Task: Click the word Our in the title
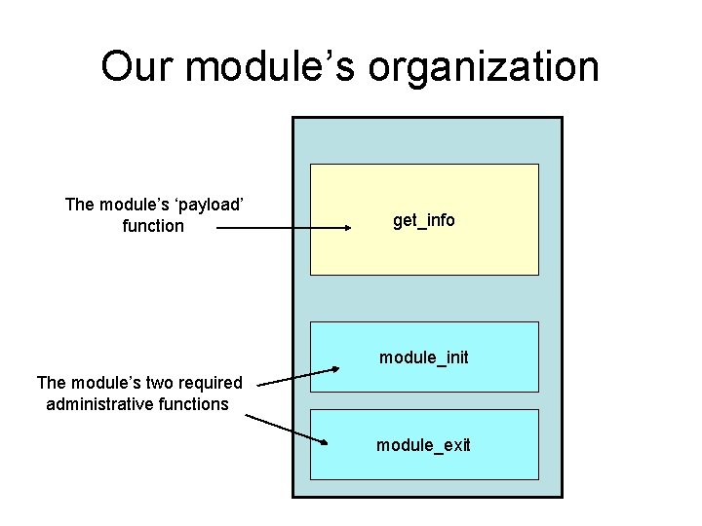point(138,66)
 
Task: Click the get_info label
point(424,220)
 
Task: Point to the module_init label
point(424,357)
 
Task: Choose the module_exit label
point(424,445)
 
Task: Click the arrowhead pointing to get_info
point(345,228)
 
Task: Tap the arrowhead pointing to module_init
point(333,368)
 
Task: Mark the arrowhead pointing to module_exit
point(325,442)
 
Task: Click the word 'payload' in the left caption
point(207,205)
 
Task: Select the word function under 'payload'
point(154,226)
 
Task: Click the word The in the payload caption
point(80,205)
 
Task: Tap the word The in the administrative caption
point(51,383)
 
